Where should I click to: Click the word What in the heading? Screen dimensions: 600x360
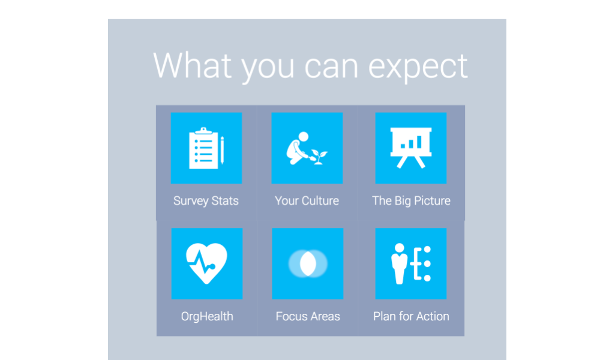(193, 65)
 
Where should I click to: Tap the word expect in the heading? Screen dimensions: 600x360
(418, 68)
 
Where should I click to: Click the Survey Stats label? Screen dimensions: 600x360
(206, 201)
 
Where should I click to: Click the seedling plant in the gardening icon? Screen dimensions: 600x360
(319, 157)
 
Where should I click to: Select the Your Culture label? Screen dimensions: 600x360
(307, 201)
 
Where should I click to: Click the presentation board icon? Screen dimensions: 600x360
(411, 148)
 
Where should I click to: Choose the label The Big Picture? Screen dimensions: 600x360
(412, 201)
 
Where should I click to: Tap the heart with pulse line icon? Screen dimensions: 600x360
(206, 263)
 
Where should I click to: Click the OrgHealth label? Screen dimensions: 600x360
(207, 316)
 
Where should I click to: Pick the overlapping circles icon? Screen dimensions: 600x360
(308, 263)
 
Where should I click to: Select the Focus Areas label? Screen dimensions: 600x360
(308, 316)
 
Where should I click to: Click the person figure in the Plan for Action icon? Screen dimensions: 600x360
(399, 263)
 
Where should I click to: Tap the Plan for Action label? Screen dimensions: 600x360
(411, 316)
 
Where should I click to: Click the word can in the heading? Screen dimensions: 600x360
(332, 68)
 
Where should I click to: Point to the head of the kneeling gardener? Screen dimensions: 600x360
(304, 137)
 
